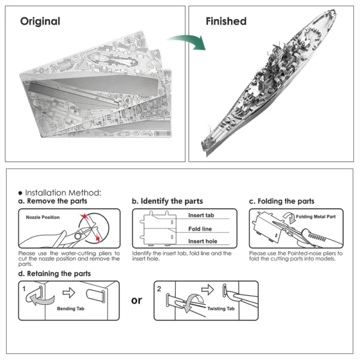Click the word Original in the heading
tap(40, 22)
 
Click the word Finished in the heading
tap(226, 21)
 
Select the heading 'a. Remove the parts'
tap(53, 201)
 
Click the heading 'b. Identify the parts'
tap(167, 201)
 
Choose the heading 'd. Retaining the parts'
tap(55, 274)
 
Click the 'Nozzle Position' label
tap(43, 217)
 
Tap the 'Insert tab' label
tap(201, 215)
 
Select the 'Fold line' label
tap(200, 229)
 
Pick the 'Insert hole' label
tap(203, 241)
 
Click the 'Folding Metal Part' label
tap(316, 217)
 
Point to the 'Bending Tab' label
tap(71, 308)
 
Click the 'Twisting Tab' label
tap(221, 308)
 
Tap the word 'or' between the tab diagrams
tap(137, 301)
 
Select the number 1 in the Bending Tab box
tap(24, 289)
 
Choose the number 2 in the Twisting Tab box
tap(159, 289)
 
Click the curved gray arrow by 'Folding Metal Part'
tap(290, 218)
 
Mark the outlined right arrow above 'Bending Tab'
tap(69, 293)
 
